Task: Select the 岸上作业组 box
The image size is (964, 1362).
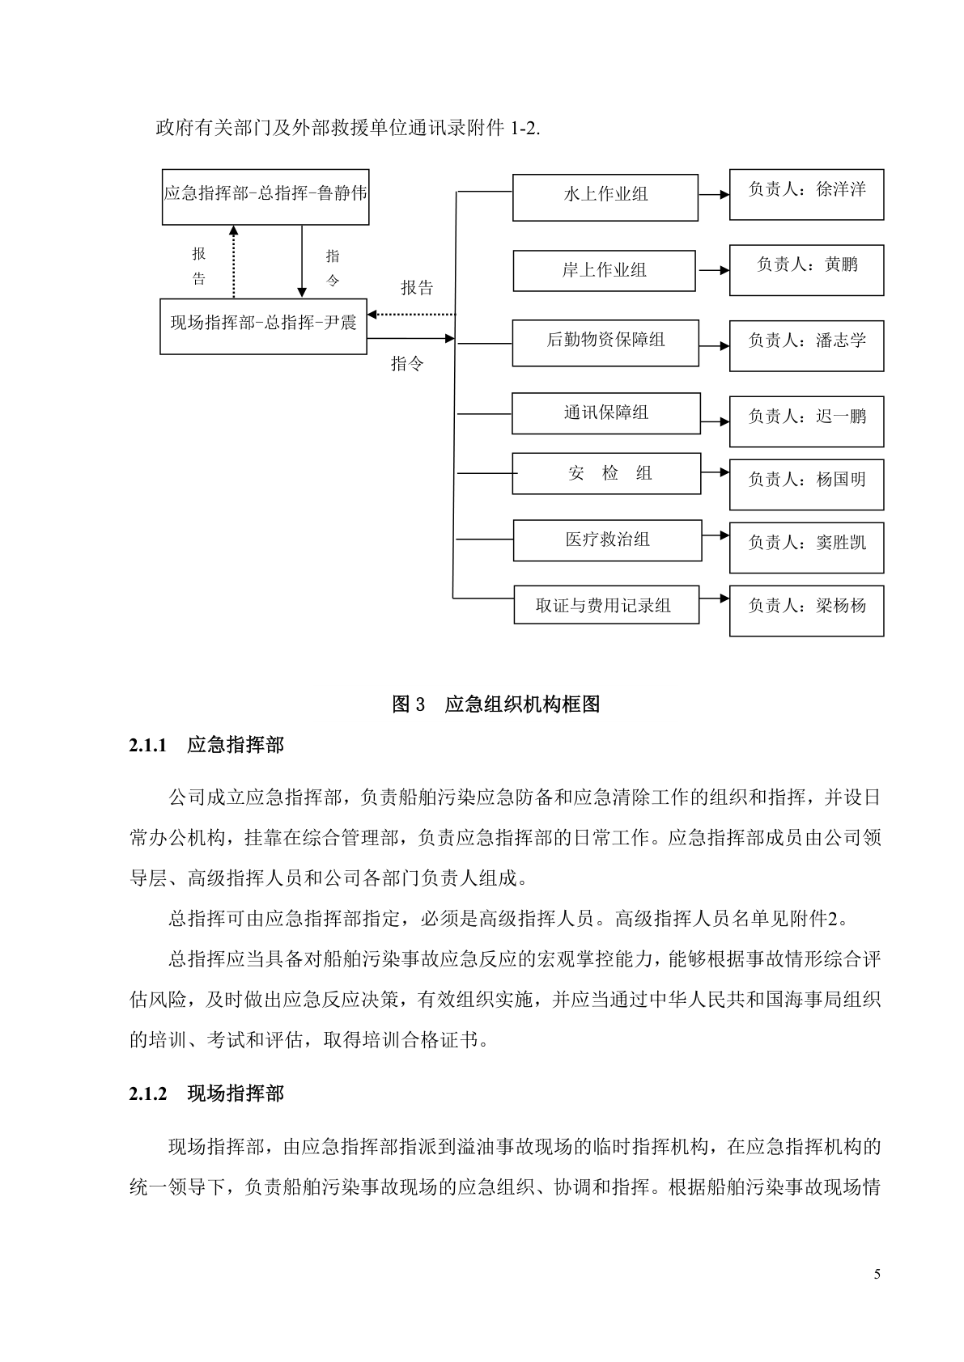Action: coord(604,270)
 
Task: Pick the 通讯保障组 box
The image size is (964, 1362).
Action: coord(605,412)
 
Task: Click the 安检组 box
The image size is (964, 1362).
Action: coord(605,473)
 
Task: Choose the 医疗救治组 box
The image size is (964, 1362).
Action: coord(607,539)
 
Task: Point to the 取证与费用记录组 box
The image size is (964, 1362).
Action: coord(605,605)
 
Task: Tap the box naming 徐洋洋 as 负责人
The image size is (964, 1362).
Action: coord(806,194)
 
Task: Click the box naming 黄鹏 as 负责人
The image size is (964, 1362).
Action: coord(806,269)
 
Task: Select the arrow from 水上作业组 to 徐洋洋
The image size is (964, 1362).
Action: coord(713,195)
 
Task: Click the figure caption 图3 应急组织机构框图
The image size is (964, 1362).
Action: coord(495,704)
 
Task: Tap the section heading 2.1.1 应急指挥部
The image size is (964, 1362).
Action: coord(206,745)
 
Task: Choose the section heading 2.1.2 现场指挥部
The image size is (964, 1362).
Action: coord(206,1094)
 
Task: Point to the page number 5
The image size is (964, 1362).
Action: coord(877,1275)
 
